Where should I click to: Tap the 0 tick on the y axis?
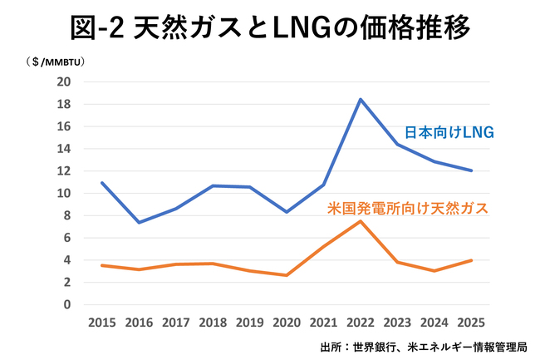coord(66,304)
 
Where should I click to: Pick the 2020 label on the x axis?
coord(286,322)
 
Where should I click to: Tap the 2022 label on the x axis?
coord(361,322)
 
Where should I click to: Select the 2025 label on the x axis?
coord(472,322)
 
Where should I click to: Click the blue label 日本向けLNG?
coord(449,131)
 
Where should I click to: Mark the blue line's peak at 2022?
coord(361,100)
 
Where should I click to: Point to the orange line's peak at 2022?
coord(361,221)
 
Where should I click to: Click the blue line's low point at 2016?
coord(138,222)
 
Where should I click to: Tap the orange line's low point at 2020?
coord(286,275)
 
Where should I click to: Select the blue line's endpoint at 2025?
coord(472,170)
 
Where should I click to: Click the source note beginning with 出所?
coord(424,345)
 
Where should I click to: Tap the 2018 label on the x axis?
coord(212,322)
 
